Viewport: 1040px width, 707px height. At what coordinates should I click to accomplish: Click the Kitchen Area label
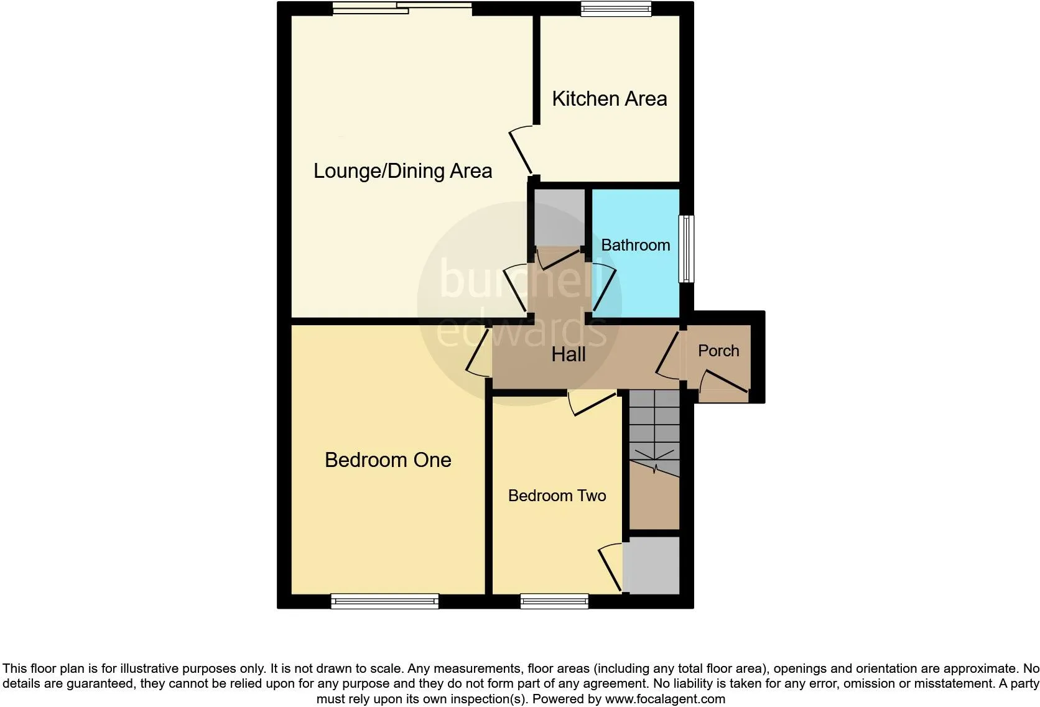609,98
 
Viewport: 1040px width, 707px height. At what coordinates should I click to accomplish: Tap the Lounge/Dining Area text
402,171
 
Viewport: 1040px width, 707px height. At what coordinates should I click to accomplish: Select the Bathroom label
636,244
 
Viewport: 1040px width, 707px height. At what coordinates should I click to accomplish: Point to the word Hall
569,354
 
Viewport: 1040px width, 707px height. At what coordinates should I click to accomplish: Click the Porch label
718,351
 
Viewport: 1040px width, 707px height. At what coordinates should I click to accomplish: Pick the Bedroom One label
388,460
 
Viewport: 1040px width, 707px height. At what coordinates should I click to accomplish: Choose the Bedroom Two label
557,496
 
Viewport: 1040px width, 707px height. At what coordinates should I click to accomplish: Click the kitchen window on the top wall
616,8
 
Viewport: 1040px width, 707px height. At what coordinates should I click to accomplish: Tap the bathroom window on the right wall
686,249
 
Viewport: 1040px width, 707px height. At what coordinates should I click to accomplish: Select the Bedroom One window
384,601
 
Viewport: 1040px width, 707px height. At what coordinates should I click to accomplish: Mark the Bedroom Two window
554,601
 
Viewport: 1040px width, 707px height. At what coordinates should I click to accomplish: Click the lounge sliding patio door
402,8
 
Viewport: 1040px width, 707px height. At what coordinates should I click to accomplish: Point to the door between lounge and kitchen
521,151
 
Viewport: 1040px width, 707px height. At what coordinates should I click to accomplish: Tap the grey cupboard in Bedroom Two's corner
651,565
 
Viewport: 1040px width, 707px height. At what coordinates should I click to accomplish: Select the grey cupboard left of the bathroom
559,217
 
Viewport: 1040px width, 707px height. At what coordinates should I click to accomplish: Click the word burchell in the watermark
519,279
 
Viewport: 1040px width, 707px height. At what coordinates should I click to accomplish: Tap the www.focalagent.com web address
665,699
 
